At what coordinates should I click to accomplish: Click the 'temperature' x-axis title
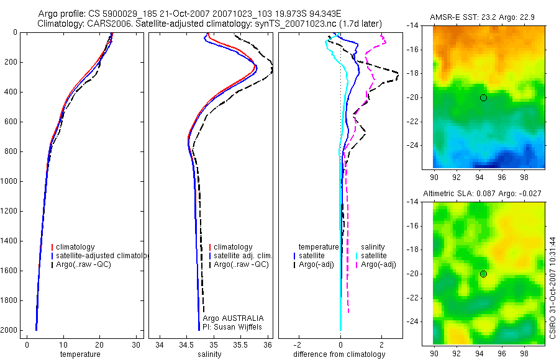point(80,354)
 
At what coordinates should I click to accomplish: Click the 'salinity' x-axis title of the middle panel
point(209,354)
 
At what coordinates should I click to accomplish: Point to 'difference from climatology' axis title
point(339,354)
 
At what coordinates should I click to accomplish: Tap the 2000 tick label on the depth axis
point(8,330)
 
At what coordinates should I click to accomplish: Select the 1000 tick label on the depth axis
point(8,181)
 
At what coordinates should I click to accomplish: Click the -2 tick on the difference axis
point(299,344)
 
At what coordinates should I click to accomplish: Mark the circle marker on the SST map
point(483,97)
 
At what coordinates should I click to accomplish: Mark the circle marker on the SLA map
point(483,274)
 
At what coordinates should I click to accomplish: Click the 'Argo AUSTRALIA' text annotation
point(229,318)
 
